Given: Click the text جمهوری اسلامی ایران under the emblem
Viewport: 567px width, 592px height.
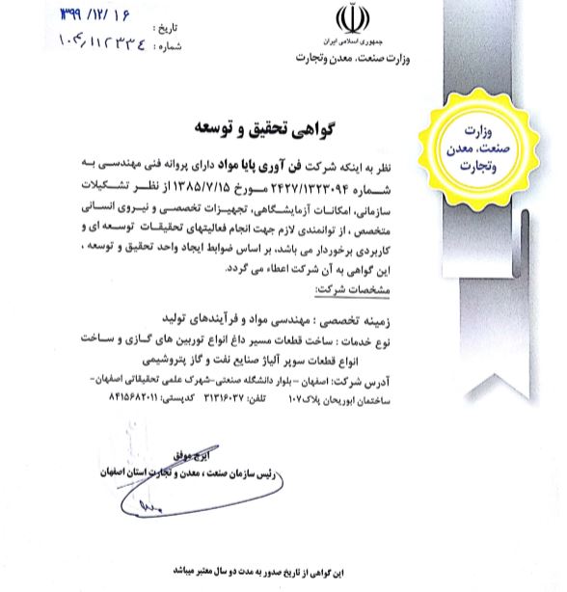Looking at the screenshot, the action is [350, 44].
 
